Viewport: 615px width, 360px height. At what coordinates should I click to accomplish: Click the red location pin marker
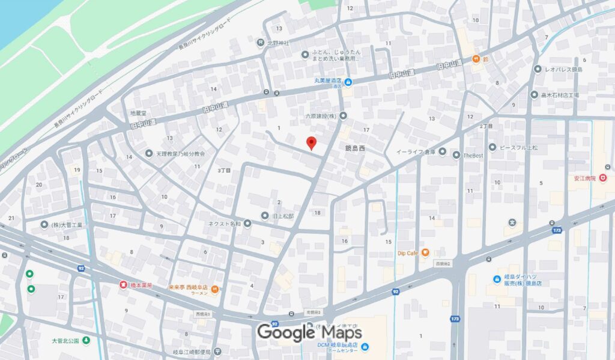pyautogui.click(x=311, y=143)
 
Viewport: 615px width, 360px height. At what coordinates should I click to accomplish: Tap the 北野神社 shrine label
pyautogui.click(x=278, y=43)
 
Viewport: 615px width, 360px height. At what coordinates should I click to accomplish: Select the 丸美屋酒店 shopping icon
pyautogui.click(x=348, y=82)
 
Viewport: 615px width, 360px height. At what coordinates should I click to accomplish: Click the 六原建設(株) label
pyautogui.click(x=322, y=115)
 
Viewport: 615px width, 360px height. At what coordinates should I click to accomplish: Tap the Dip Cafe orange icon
pyautogui.click(x=425, y=252)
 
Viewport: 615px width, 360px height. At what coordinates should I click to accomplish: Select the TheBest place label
pyautogui.click(x=473, y=154)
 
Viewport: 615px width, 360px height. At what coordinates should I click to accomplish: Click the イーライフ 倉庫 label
pyautogui.click(x=415, y=151)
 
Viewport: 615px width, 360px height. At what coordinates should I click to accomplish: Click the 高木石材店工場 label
pyautogui.click(x=559, y=95)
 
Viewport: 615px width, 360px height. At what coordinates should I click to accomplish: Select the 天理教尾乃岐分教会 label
pyautogui.click(x=181, y=154)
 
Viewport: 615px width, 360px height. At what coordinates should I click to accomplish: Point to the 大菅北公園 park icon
pyautogui.click(x=86, y=341)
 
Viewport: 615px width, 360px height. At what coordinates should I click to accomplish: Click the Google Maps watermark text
pyautogui.click(x=309, y=332)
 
